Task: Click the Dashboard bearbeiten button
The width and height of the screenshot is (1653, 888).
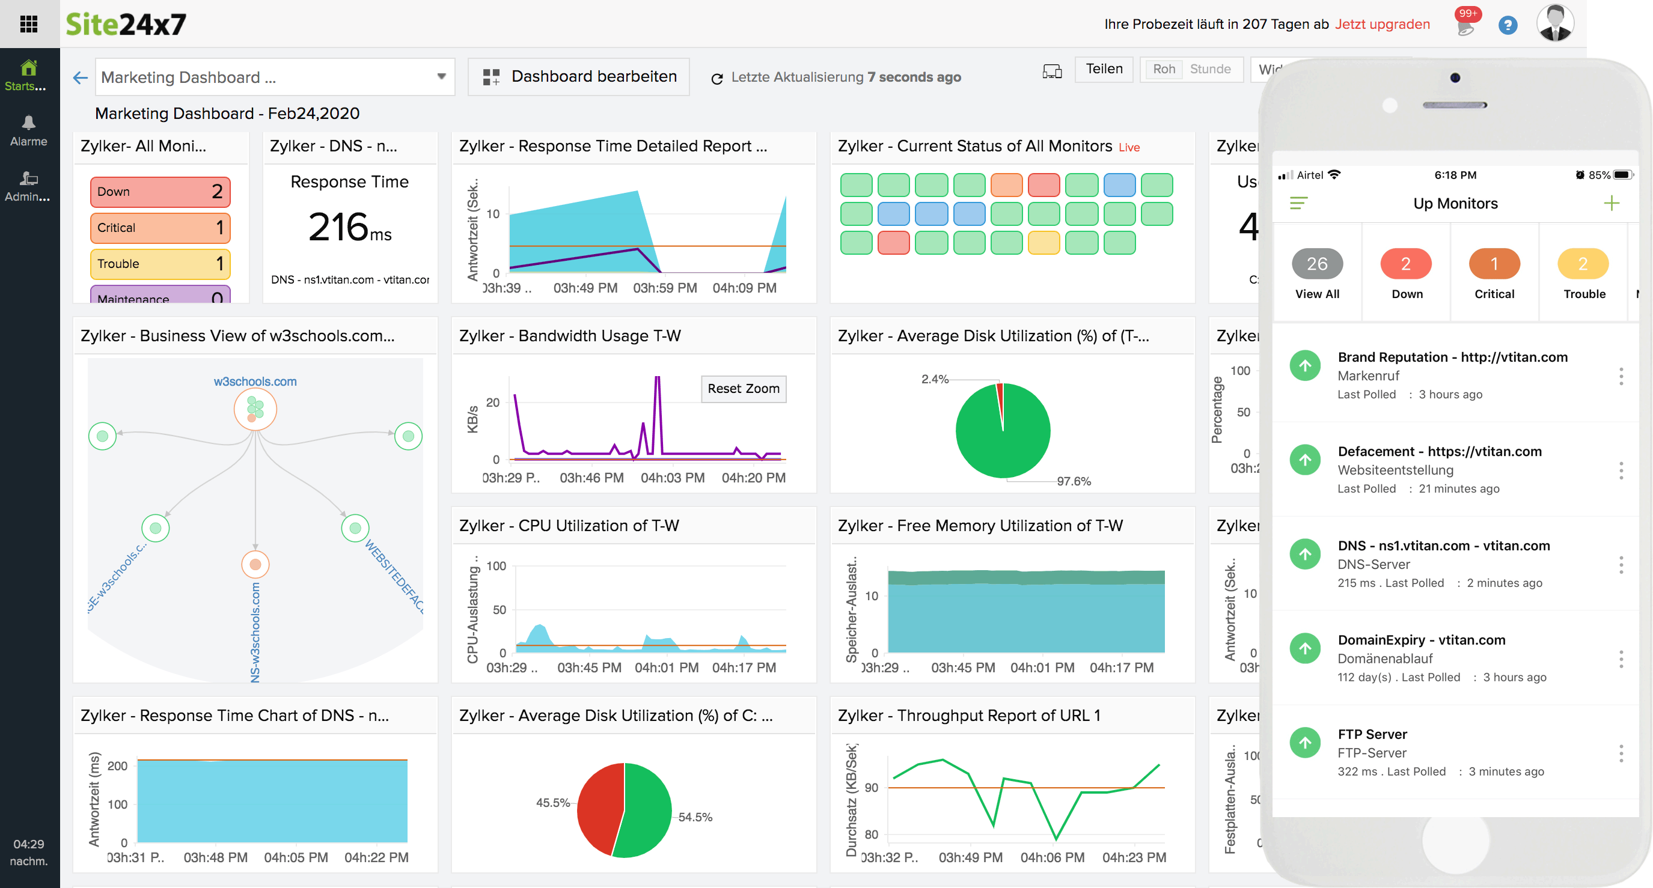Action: tap(579, 77)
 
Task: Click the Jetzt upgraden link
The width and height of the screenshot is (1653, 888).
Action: tap(1381, 25)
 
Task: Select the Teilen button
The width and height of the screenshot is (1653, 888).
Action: tap(1103, 68)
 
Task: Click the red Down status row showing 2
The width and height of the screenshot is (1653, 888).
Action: tap(160, 192)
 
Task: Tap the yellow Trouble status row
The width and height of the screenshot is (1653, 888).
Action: tap(160, 264)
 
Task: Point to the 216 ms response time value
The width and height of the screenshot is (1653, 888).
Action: tap(349, 228)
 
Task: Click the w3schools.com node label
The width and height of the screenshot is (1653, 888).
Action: tap(255, 381)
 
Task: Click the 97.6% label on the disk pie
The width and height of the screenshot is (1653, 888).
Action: tap(1073, 481)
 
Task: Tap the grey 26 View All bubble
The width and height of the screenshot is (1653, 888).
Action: tap(1316, 264)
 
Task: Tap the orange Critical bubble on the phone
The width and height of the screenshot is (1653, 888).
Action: tap(1493, 264)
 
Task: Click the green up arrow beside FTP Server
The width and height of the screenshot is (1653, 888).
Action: tap(1304, 743)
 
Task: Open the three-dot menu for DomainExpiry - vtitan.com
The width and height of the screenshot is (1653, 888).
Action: tap(1621, 658)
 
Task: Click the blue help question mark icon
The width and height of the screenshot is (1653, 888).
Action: tap(1507, 26)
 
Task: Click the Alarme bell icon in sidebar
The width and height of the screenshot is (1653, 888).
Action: tap(28, 123)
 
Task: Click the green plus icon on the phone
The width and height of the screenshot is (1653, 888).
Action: tap(1611, 204)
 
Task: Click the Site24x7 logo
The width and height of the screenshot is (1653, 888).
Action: tap(126, 25)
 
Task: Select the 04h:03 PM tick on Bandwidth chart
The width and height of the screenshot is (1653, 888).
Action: tap(672, 478)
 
